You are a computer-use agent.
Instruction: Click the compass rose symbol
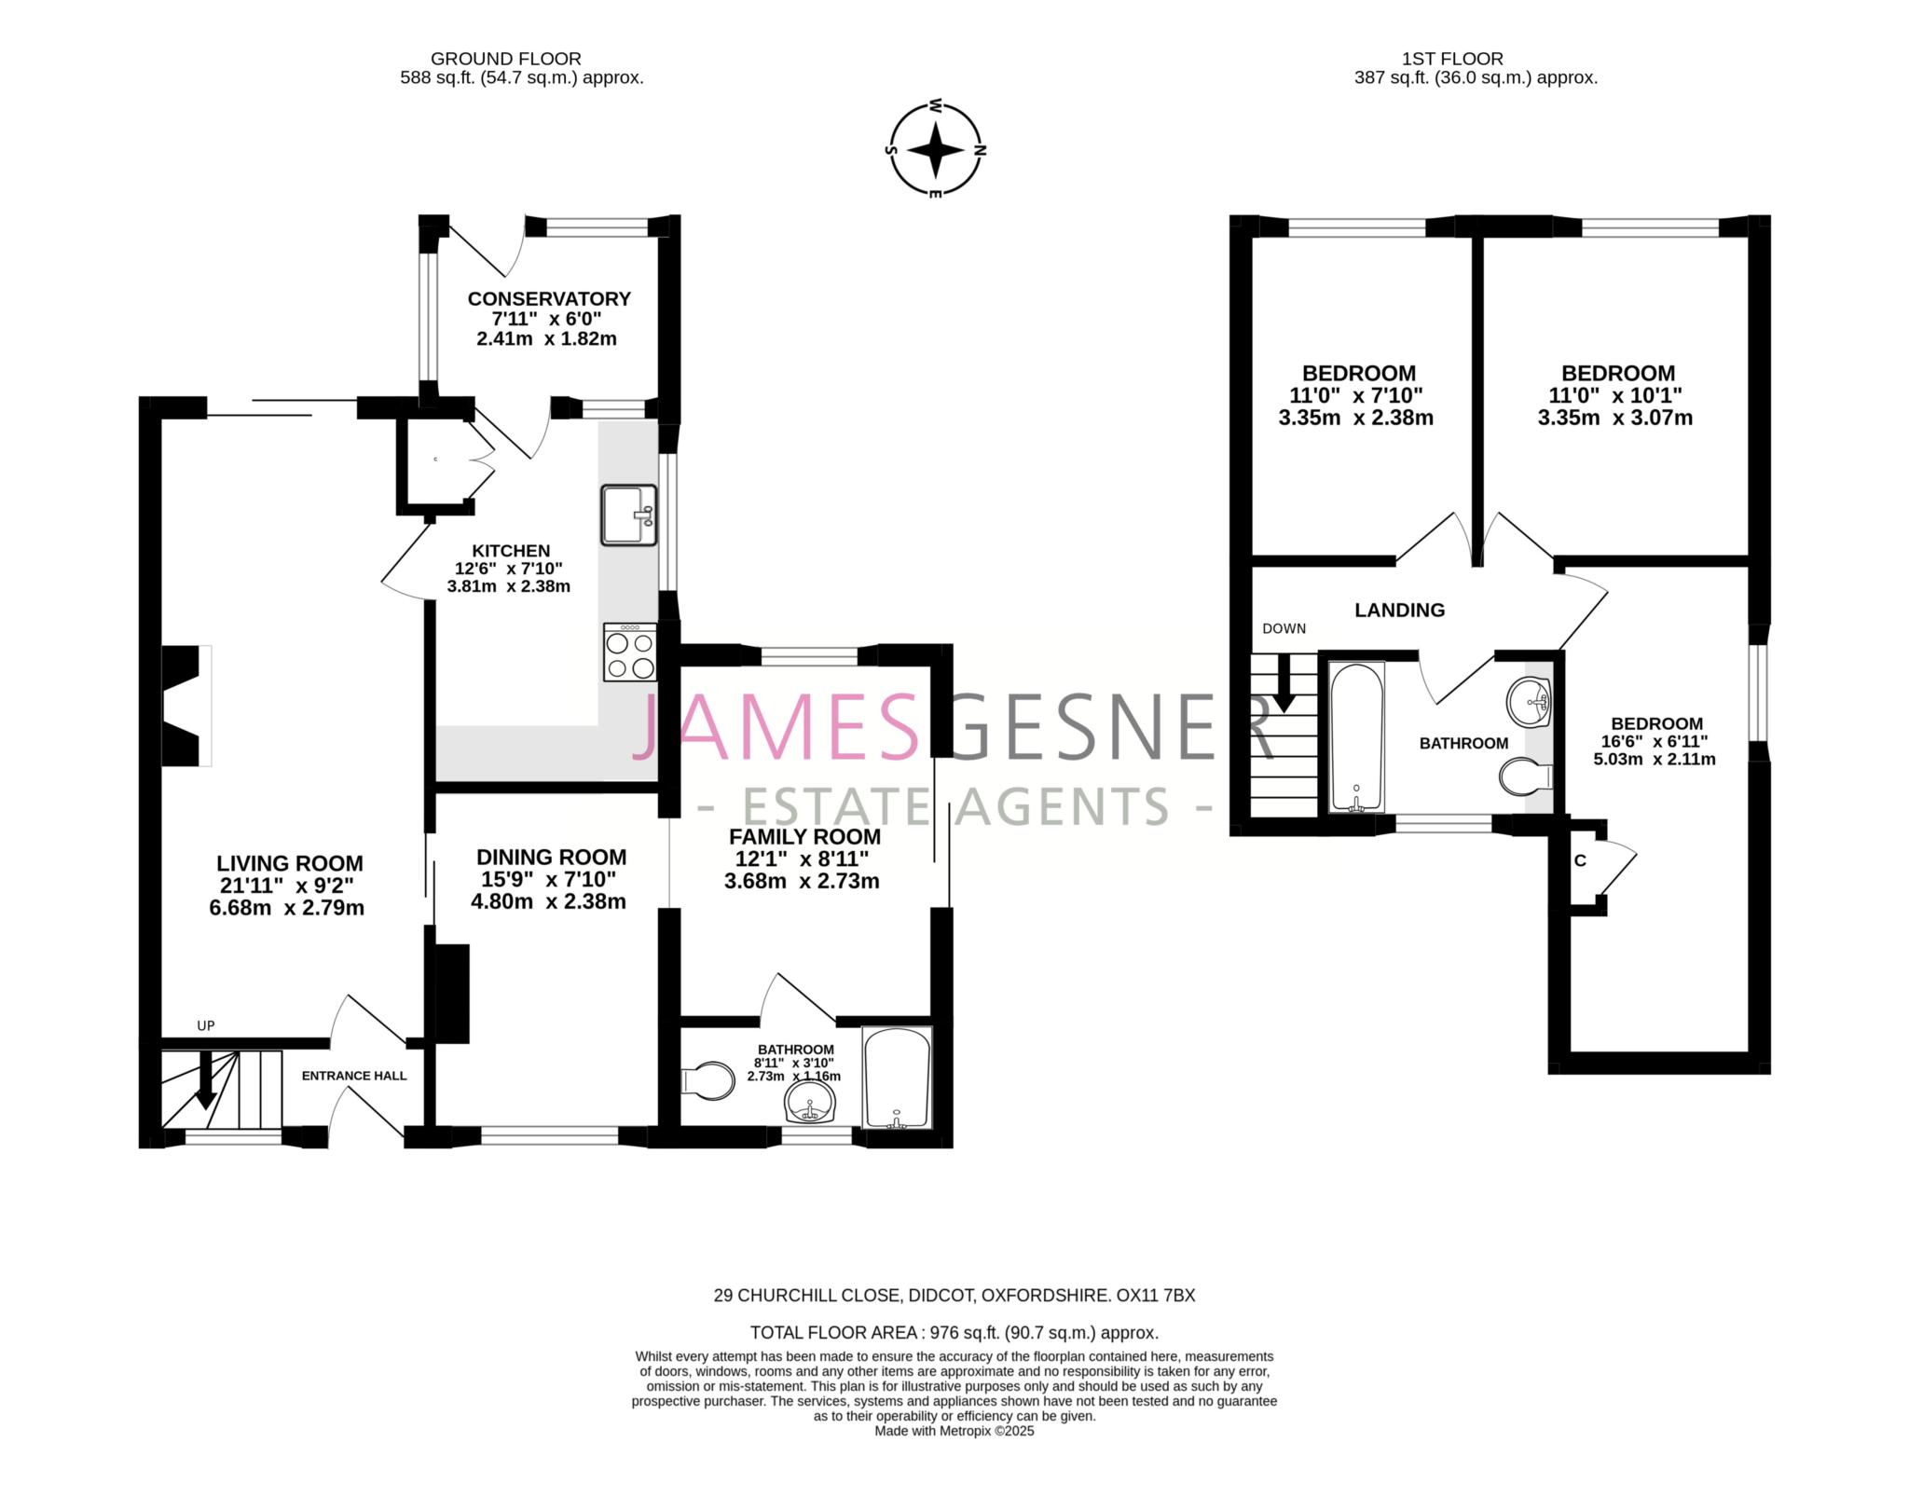[935, 149]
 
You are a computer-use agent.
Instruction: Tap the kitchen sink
[628, 515]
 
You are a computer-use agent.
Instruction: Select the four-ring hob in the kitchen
[629, 653]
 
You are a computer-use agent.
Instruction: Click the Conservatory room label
[549, 298]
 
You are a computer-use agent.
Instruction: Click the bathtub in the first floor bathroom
[1356, 736]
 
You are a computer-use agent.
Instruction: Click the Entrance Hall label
[354, 1076]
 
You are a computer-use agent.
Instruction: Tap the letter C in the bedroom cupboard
[1580, 860]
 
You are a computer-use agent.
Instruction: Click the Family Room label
[803, 836]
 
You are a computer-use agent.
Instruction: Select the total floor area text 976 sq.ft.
[954, 1332]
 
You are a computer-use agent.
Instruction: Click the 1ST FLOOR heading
[1451, 59]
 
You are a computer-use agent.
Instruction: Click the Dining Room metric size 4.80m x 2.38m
[548, 901]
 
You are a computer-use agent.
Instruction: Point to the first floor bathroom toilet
[1525, 776]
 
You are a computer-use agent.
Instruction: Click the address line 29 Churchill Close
[954, 1295]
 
